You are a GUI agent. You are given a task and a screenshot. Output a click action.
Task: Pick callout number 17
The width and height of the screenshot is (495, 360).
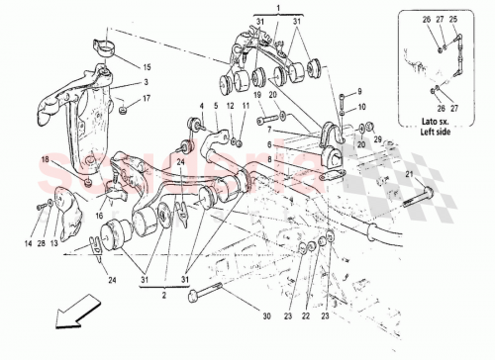click(147, 99)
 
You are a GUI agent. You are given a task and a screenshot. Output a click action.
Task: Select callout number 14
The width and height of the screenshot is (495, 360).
click(27, 243)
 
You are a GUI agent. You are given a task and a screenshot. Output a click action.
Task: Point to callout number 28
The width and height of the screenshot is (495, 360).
click(41, 243)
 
